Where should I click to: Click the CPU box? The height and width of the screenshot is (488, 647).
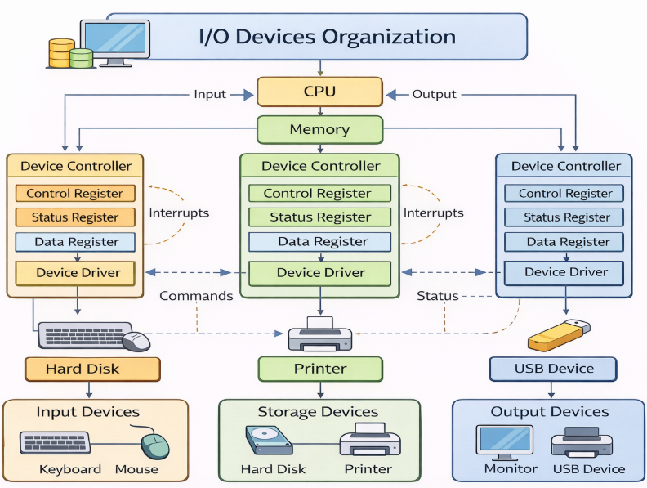pyautogui.click(x=319, y=92)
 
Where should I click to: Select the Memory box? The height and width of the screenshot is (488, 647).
pyautogui.click(x=319, y=129)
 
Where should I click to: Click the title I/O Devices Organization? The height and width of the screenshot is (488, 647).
pyautogui.click(x=327, y=37)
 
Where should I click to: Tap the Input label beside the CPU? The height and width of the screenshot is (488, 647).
pyautogui.click(x=210, y=94)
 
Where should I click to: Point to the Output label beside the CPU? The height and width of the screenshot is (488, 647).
pyautogui.click(x=434, y=94)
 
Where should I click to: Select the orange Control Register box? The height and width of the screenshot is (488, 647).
pyautogui.click(x=75, y=194)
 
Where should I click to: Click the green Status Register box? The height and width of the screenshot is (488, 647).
pyautogui.click(x=320, y=217)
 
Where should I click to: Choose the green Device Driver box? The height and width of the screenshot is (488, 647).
pyautogui.click(x=320, y=272)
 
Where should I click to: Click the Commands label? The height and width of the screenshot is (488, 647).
pyautogui.click(x=196, y=296)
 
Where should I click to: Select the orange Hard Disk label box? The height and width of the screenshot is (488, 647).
pyautogui.click(x=82, y=369)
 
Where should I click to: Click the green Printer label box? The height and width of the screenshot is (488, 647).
pyautogui.click(x=320, y=369)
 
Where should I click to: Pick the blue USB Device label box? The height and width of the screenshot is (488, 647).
pyautogui.click(x=553, y=369)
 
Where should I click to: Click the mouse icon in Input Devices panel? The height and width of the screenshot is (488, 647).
pyautogui.click(x=154, y=445)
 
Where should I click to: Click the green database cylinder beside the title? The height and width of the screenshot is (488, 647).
pyautogui.click(x=81, y=58)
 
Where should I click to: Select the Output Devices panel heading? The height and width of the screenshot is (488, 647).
pyautogui.click(x=549, y=411)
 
